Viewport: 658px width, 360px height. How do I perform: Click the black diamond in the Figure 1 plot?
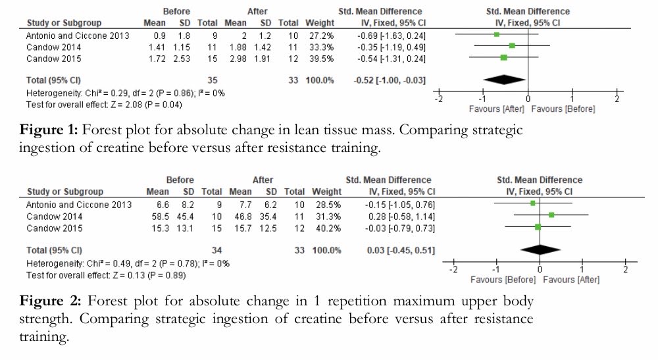(505, 80)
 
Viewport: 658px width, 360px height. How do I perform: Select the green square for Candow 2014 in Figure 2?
(551, 215)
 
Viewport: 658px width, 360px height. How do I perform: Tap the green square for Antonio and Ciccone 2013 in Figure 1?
(497, 34)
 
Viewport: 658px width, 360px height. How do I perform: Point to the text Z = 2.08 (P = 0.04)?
(136, 104)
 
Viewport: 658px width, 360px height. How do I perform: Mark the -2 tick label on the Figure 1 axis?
(439, 99)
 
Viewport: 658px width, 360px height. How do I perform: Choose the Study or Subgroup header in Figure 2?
(64, 192)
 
